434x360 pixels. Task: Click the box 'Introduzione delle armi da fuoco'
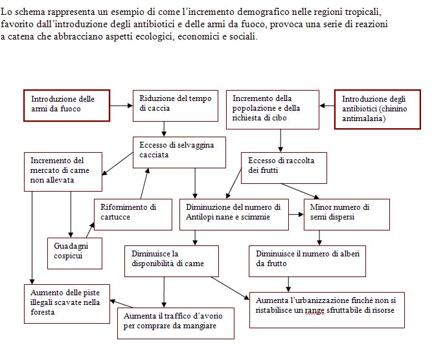(x=67, y=106)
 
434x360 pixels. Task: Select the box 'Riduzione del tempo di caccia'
(x=175, y=106)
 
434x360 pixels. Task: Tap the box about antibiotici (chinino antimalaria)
(x=377, y=109)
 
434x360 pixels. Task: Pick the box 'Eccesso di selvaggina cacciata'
(x=179, y=152)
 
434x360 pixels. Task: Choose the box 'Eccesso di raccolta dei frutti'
(x=284, y=168)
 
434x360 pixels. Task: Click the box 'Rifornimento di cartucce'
(x=133, y=214)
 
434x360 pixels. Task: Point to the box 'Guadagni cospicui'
(x=74, y=253)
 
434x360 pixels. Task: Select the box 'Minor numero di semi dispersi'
(x=347, y=214)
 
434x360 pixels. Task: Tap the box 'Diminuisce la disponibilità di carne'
(x=171, y=261)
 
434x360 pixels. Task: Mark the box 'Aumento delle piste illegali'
(x=67, y=304)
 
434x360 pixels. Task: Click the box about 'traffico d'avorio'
(x=176, y=323)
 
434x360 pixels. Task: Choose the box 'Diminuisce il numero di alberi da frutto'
(x=307, y=261)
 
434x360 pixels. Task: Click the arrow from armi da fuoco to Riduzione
(x=121, y=106)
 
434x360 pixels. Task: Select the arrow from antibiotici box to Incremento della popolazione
(x=327, y=106)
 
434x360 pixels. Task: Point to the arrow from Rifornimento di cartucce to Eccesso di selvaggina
(x=144, y=183)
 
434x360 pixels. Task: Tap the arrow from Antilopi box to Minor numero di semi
(x=296, y=214)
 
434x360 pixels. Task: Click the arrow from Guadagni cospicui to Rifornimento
(x=90, y=230)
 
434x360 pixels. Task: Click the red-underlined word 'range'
(x=314, y=311)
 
